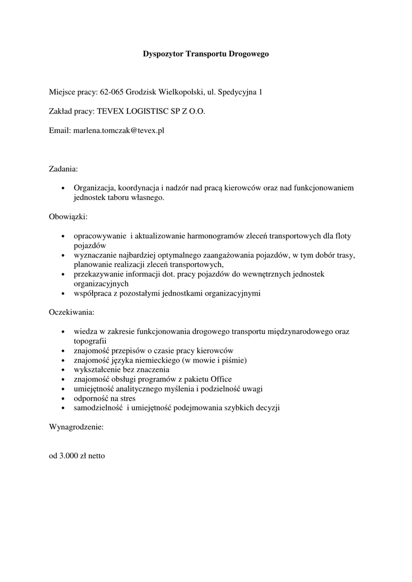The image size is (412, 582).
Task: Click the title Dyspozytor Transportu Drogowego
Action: [205, 54]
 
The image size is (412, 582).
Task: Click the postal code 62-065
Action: [112, 91]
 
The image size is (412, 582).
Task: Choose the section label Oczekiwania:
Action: [72, 312]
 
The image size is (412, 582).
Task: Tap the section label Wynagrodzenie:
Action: [76, 426]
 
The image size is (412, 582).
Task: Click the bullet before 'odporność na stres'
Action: [62, 398]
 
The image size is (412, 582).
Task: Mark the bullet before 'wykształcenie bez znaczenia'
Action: [62, 369]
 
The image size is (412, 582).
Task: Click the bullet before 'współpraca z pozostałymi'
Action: [62, 293]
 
